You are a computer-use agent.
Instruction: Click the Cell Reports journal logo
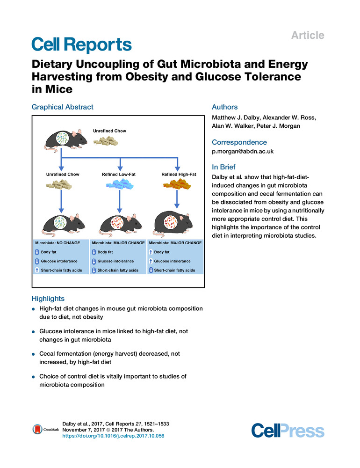click(81, 45)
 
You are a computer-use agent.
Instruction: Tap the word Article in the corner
click(308, 35)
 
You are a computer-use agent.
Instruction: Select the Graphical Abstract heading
click(62, 107)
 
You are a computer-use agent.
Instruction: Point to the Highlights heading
click(48, 298)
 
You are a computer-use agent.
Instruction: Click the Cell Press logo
click(288, 430)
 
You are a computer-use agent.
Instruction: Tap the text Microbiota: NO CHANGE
click(54, 243)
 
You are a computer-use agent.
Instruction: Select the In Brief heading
click(223, 167)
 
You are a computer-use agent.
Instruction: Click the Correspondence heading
click(239, 142)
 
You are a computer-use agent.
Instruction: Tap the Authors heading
click(225, 107)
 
